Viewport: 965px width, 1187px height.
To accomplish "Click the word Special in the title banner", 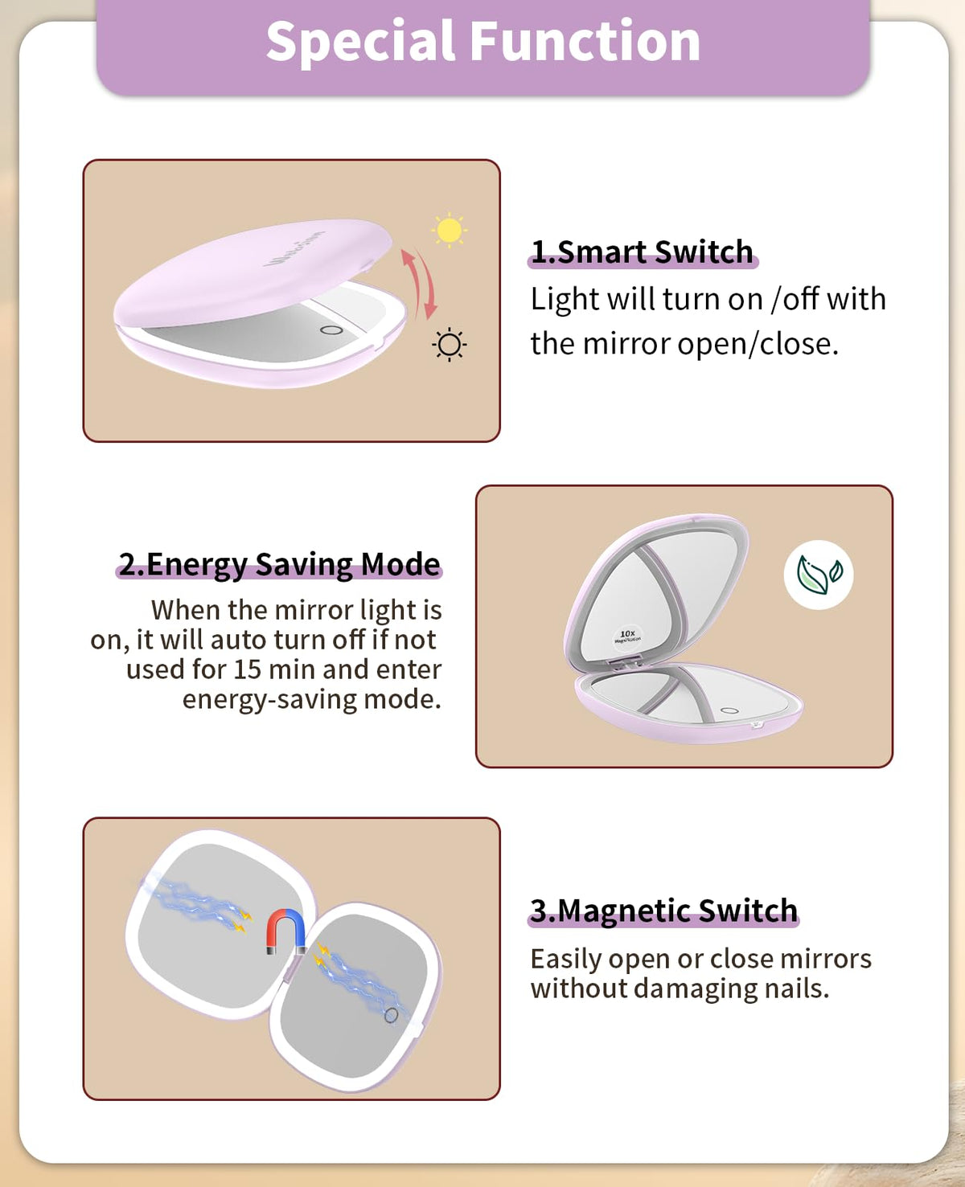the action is (360, 43).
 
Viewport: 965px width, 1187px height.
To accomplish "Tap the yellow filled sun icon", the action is (450, 230).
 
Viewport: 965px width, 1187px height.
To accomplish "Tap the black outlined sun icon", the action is (449, 345).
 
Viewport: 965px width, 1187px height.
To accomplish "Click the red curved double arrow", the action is (419, 283).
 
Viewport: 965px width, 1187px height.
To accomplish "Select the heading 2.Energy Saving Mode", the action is (279, 564).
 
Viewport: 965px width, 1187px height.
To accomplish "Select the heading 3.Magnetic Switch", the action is (663, 911).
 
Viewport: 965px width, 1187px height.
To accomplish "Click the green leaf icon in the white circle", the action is (819, 575).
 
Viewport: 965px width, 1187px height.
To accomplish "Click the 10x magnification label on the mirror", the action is (627, 636).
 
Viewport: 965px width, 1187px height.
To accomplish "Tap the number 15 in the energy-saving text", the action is (247, 669).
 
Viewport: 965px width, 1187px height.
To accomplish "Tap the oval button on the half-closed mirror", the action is (331, 330).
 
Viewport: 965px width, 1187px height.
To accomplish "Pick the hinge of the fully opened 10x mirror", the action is (625, 662).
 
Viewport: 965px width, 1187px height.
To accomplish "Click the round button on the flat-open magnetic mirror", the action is (392, 1015).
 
